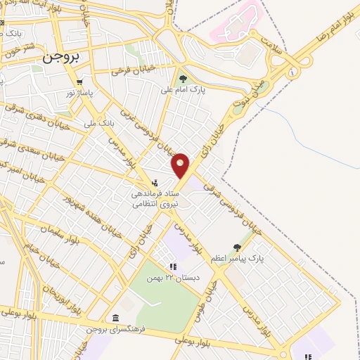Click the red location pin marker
click(181, 165)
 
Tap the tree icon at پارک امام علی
click(184, 78)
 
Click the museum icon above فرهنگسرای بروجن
click(115, 318)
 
